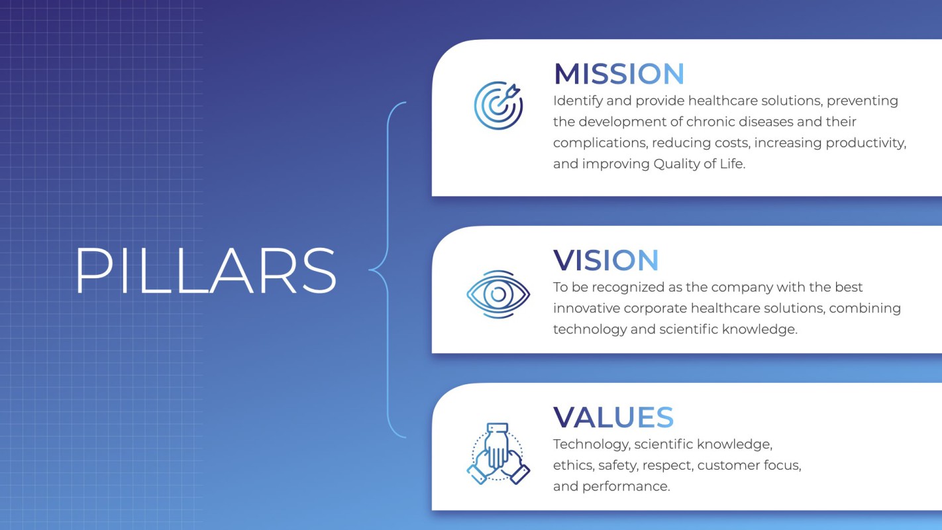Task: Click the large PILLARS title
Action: click(x=205, y=270)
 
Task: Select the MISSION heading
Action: click(x=619, y=74)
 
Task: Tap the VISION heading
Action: click(x=605, y=260)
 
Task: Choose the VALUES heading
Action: click(x=613, y=417)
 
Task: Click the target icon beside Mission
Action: click(x=498, y=105)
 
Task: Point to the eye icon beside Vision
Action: click(x=498, y=294)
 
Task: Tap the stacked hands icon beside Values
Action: click(x=498, y=454)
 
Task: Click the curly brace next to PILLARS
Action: click(x=388, y=270)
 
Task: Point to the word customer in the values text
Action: click(x=729, y=466)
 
